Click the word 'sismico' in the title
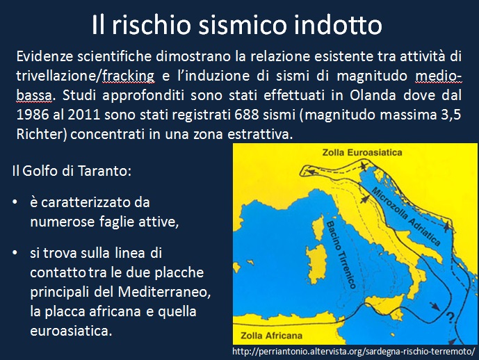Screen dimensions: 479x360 click(x=242, y=25)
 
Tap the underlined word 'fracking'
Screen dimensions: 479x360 click(x=128, y=76)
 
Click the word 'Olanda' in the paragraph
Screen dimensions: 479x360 click(x=373, y=95)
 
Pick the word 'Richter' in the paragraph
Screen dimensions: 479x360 click(x=40, y=134)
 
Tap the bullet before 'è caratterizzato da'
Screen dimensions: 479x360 click(x=15, y=202)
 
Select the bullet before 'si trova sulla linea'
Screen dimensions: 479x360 click(x=15, y=253)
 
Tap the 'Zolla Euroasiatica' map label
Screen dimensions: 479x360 click(x=362, y=152)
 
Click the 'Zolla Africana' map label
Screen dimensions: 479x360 click(x=271, y=336)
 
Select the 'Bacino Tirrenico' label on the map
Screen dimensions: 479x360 click(x=341, y=255)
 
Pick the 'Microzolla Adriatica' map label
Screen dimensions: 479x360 click(x=406, y=217)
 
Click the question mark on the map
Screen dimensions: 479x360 click(x=449, y=318)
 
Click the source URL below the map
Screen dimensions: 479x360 click(x=354, y=352)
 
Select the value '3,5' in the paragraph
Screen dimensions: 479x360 click(x=451, y=115)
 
